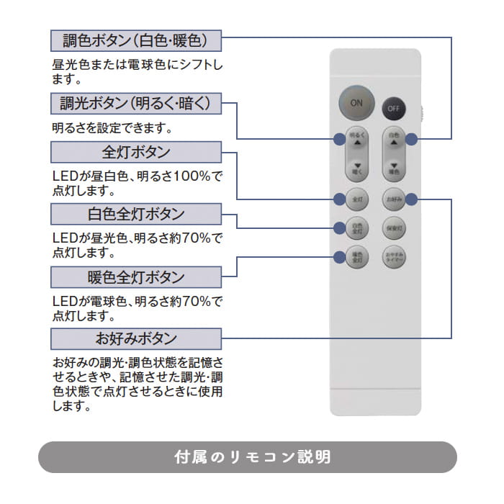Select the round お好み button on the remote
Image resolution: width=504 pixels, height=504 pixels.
coord(394,198)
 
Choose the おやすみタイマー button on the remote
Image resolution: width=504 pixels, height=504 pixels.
coord(394,256)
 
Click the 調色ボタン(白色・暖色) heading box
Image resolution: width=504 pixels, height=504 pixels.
coord(136,40)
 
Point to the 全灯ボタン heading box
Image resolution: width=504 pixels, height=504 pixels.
coord(136,152)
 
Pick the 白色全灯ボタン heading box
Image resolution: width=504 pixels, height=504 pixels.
coord(136,215)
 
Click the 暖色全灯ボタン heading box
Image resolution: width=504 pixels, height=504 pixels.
coord(136,277)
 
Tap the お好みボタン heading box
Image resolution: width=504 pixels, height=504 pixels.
coord(136,339)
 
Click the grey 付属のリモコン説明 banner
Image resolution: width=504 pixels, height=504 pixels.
coord(247,456)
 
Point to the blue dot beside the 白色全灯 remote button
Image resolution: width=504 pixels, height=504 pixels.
coord(339,228)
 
